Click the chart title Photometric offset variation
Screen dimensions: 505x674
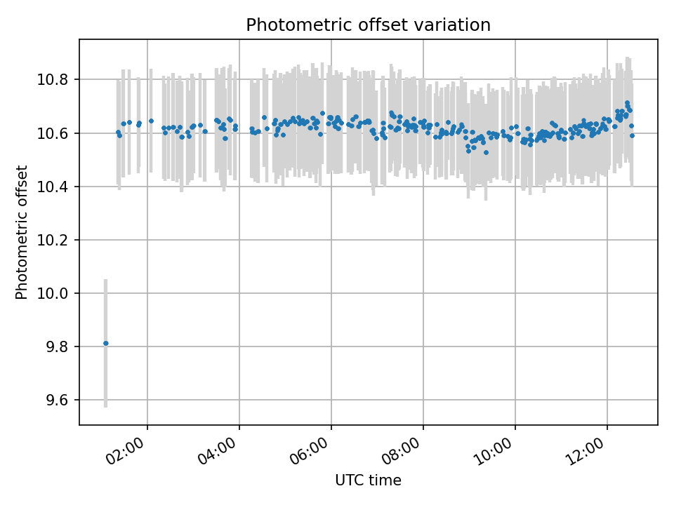pos(368,25)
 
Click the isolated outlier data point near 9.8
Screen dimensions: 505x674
pos(106,343)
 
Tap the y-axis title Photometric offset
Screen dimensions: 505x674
pos(22,232)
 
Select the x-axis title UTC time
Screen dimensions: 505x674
pos(368,480)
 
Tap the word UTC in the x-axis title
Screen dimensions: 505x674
pos(349,480)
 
